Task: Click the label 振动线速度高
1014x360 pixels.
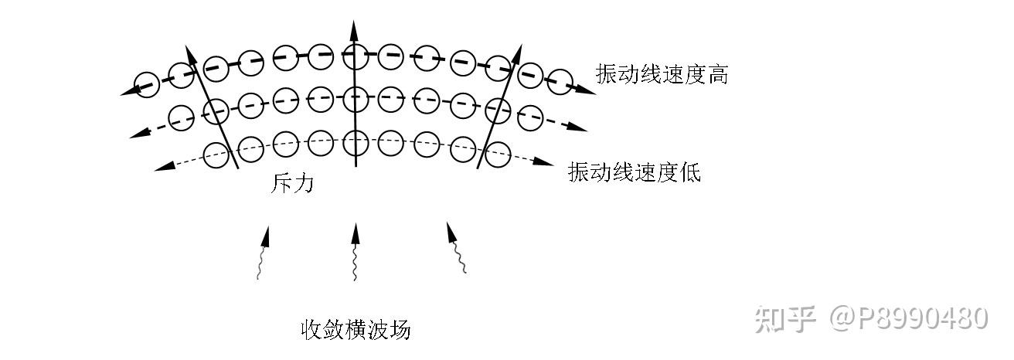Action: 662,74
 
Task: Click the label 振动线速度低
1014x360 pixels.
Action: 635,172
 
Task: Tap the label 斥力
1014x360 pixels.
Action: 291,184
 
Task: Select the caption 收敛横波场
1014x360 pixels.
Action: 356,330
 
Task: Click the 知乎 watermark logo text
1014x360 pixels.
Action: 785,319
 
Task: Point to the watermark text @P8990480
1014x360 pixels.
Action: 909,318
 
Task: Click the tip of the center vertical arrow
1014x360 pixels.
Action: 353,20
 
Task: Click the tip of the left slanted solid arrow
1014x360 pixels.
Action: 186,46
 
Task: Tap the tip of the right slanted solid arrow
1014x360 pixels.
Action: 522,44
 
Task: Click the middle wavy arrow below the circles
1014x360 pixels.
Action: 356,252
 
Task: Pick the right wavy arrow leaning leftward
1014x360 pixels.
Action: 456,248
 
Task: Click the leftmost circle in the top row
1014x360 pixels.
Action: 147,84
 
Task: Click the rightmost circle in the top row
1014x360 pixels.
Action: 560,82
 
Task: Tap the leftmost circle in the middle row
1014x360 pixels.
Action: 181,117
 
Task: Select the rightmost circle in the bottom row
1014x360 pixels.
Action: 498,155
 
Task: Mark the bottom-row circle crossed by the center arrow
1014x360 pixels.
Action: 356,143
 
